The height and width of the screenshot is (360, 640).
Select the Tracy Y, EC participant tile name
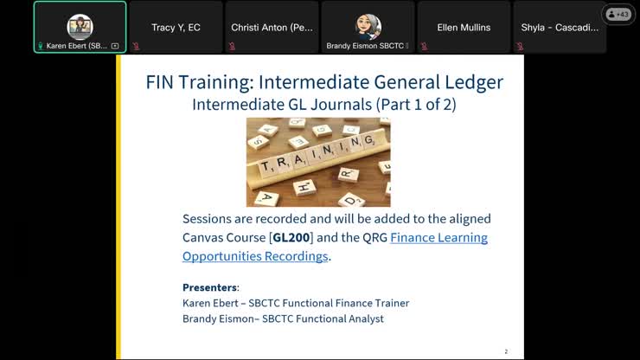176,28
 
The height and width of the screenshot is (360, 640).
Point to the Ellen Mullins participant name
464,28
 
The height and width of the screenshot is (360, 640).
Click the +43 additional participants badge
618,14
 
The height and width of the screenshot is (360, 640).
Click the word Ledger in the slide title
466,82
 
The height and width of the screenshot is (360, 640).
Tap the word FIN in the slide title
164,82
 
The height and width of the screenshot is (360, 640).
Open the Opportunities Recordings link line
255,256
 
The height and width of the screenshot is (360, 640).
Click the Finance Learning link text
438,237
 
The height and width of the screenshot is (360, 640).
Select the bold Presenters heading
210,287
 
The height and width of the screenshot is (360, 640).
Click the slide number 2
506,351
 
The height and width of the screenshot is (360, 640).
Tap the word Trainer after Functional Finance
388,303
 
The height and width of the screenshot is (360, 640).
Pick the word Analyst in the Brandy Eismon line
363,318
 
